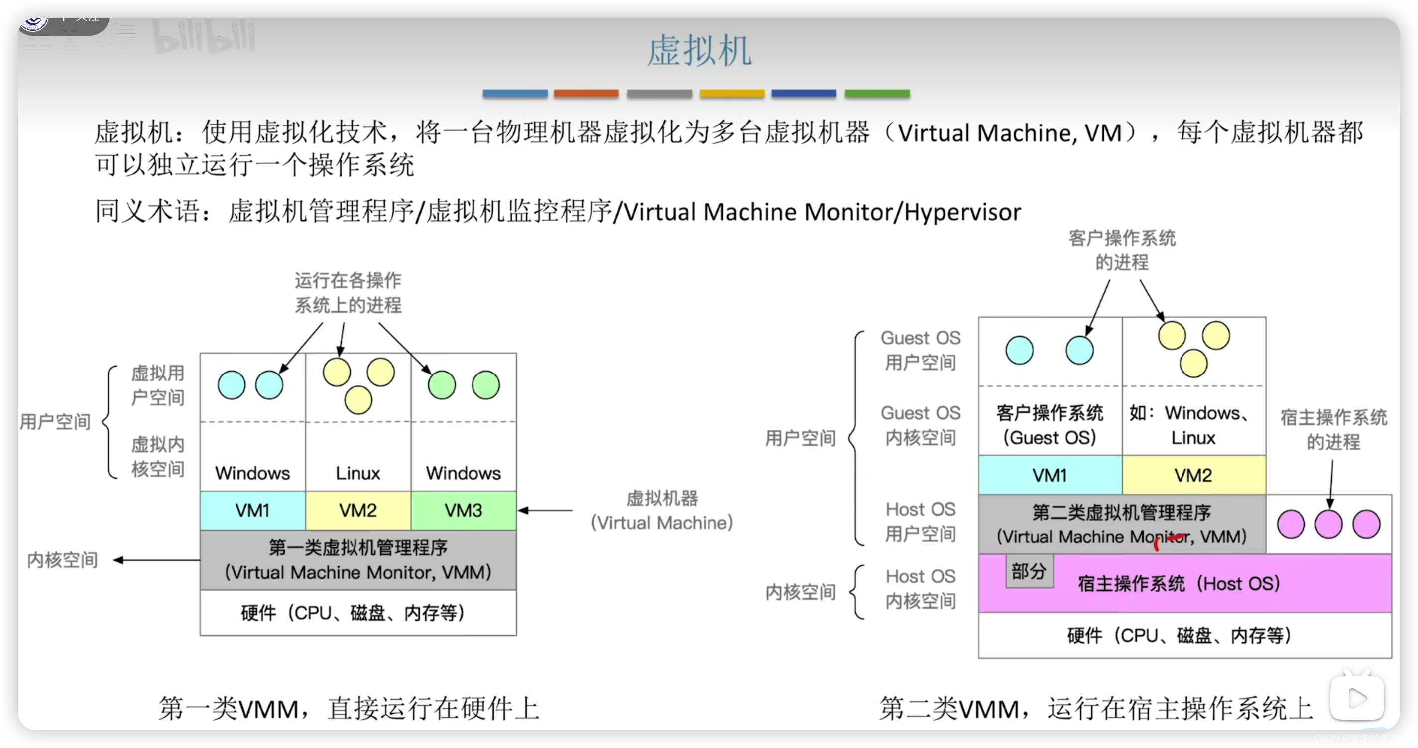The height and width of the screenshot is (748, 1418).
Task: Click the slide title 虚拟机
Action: click(x=699, y=51)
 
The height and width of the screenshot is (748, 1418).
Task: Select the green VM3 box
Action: click(x=464, y=511)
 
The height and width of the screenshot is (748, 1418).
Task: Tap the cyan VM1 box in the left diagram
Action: click(x=252, y=511)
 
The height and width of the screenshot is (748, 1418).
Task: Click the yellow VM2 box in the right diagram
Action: click(x=1193, y=475)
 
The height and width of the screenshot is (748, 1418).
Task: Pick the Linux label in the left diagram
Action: click(x=358, y=473)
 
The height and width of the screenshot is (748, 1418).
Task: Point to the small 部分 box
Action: click(x=1029, y=571)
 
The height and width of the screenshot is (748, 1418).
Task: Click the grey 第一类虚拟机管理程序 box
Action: click(x=358, y=560)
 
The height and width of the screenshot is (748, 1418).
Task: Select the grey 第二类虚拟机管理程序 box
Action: click(x=1122, y=524)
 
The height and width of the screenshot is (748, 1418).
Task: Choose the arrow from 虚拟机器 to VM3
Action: click(x=545, y=511)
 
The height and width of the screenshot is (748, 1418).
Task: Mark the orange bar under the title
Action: click(x=586, y=94)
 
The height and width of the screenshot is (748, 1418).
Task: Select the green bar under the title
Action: click(x=877, y=94)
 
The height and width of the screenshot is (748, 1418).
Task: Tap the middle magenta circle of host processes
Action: click(x=1328, y=524)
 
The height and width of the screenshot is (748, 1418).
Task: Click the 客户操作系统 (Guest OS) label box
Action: click(x=1050, y=425)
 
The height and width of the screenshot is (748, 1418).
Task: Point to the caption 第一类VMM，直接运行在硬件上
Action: click(x=349, y=708)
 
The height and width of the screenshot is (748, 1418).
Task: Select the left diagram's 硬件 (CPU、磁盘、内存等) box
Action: click(x=358, y=613)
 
